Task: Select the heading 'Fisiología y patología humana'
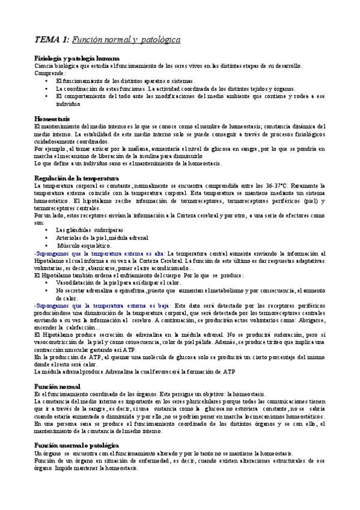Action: click(x=76, y=57)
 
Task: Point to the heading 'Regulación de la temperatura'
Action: click(x=77, y=179)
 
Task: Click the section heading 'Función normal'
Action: click(x=57, y=369)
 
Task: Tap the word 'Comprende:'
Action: click(x=50, y=72)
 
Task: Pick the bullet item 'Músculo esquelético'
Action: click(x=85, y=245)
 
